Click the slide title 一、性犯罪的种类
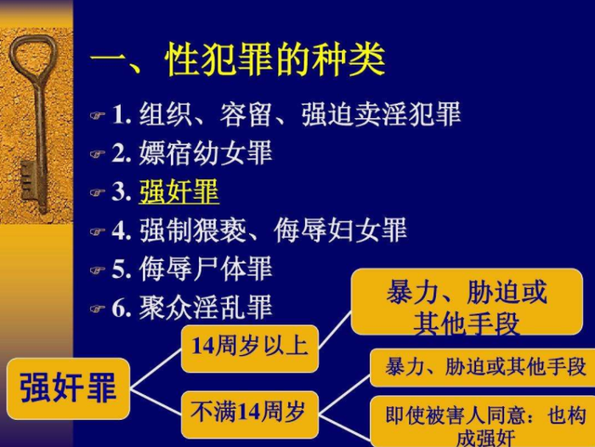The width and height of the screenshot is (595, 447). tap(238, 61)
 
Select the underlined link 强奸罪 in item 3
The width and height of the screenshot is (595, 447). tap(178, 191)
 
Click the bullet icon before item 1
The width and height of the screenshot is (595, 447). tap(98, 117)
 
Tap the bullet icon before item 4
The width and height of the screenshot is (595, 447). tap(98, 231)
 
